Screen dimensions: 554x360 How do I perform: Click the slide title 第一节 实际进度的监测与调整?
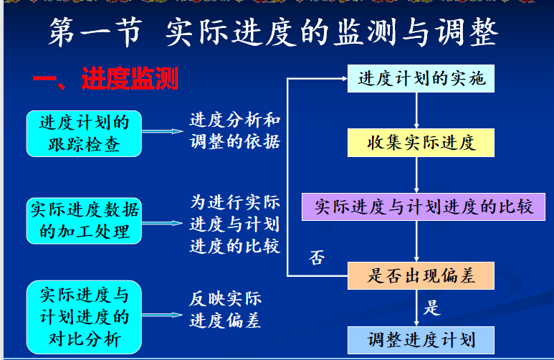coord(273,32)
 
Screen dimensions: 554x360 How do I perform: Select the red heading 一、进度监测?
coord(105,78)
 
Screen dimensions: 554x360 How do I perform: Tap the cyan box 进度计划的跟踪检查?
coord(84,133)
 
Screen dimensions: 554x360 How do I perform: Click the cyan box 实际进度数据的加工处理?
coord(84,221)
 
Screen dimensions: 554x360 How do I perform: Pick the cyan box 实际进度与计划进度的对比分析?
coord(84,317)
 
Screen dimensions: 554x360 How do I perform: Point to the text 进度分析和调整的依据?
coord(235,131)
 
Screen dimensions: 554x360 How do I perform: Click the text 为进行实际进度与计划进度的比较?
coord(235,224)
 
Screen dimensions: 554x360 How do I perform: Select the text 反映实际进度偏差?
coord(226,310)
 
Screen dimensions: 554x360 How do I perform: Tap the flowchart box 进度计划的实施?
coord(421,78)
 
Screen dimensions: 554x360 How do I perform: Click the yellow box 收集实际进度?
coord(421,143)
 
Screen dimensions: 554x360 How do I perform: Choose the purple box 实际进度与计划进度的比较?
coord(424,207)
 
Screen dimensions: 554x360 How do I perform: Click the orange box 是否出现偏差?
coord(421,276)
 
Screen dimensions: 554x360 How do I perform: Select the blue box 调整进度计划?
coord(421,340)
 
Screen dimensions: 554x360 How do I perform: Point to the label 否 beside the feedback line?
coord(317,257)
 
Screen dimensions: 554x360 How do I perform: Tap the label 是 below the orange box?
coord(431,308)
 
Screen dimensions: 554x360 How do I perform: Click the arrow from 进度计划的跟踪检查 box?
coord(163,131)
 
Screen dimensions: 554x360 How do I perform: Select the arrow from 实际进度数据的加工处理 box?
coord(162,223)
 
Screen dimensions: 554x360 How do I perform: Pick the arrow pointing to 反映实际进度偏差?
coord(162,315)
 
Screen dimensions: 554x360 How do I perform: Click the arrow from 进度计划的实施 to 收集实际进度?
coord(416,110)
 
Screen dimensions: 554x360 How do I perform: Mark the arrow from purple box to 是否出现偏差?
coord(416,241)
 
